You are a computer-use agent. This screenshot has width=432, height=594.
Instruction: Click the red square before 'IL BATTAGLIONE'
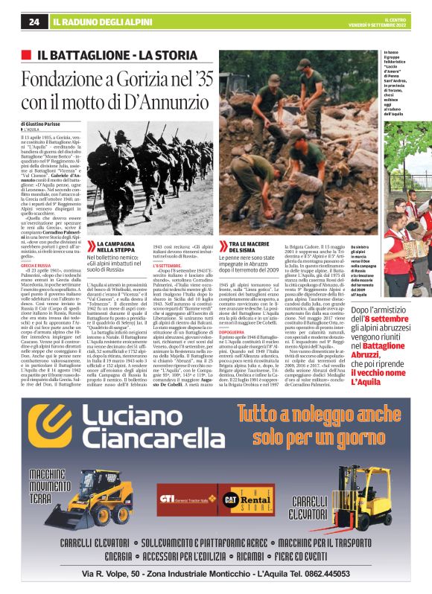[27, 55]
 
